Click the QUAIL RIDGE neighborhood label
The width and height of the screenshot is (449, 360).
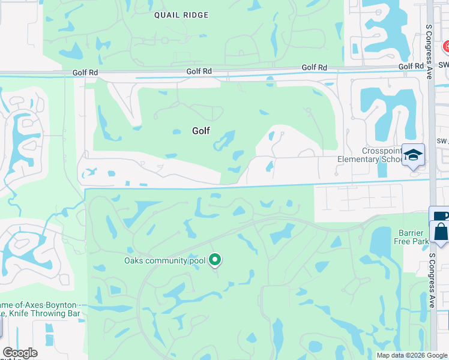(181, 15)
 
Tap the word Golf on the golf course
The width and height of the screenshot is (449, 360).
(201, 130)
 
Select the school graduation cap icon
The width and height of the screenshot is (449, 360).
(413, 155)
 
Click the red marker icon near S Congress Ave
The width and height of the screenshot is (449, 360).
(445, 47)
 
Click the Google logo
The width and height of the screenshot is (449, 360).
(20, 353)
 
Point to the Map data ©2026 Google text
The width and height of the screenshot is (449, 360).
(412, 355)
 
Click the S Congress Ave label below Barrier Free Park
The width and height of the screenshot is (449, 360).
(432, 278)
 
